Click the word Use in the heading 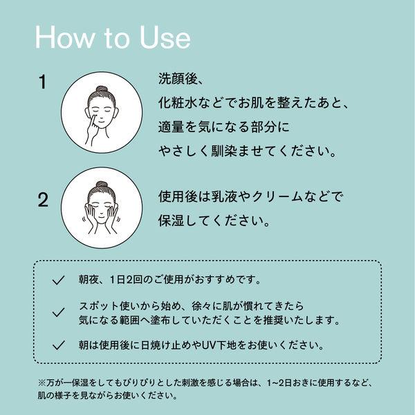point(165,37)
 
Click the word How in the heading point(64,37)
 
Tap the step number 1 point(43,82)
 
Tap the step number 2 point(43,200)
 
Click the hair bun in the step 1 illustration point(102,89)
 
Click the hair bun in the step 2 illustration point(102,185)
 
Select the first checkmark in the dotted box point(58,280)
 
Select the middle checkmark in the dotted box point(58,313)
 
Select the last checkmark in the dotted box point(58,345)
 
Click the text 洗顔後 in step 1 point(178,79)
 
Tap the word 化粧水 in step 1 point(178,102)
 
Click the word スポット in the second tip point(99,306)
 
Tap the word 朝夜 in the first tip point(89,279)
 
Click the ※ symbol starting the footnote point(42,382)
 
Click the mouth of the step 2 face point(102,216)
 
